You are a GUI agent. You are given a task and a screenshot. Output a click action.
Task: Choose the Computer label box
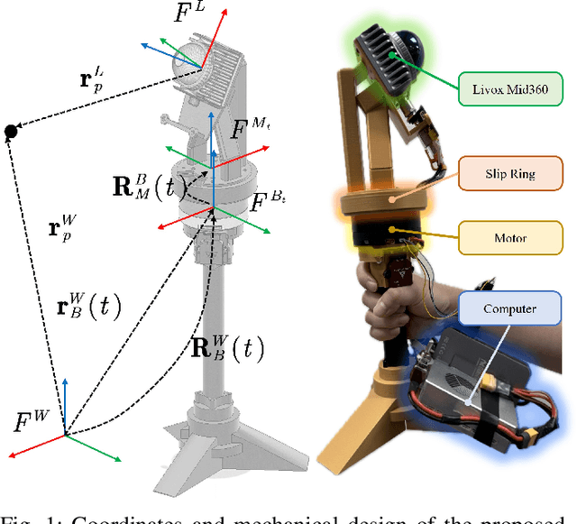coord(508,308)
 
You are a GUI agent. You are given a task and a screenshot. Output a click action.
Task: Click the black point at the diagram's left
coord(11,133)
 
